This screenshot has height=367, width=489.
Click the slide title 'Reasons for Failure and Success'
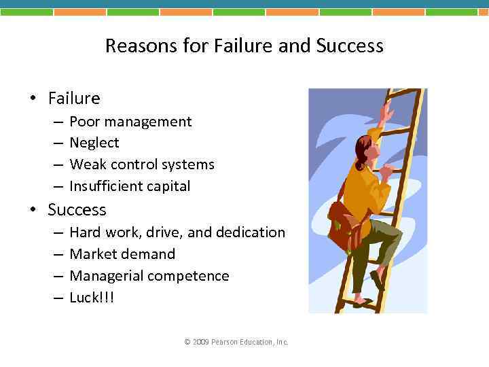pyautogui.click(x=244, y=46)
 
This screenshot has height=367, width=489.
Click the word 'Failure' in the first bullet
pyautogui.click(x=74, y=99)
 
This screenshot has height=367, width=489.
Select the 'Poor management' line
pyautogui.click(x=130, y=122)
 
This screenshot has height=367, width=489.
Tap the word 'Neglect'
pyautogui.click(x=94, y=143)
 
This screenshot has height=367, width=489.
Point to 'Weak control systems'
pyautogui.click(x=142, y=164)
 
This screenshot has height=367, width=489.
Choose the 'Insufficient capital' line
pyautogui.click(x=130, y=186)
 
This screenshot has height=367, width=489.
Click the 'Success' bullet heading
pyautogui.click(x=77, y=209)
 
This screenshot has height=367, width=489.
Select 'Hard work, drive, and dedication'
pyautogui.click(x=177, y=232)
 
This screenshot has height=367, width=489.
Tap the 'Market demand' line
pyautogui.click(x=122, y=254)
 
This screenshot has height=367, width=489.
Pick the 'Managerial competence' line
pyautogui.click(x=149, y=276)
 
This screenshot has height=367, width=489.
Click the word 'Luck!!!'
pyautogui.click(x=92, y=298)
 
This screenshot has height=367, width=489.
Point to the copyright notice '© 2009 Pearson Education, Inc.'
pyautogui.click(x=236, y=342)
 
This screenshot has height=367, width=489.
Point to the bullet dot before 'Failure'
pyautogui.click(x=32, y=99)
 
